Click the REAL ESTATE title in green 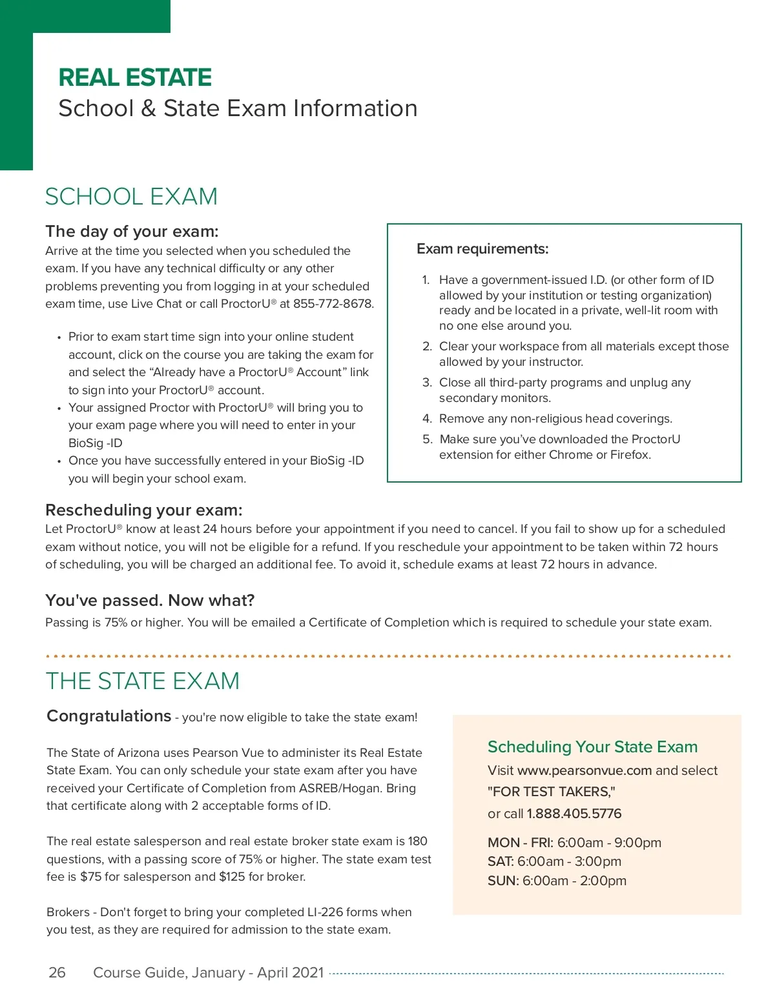135,78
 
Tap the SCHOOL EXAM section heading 131,197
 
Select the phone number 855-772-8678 333,304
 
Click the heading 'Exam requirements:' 482,249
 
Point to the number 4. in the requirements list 427,419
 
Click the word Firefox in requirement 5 631,455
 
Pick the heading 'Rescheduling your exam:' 144,510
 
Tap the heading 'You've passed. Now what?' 150,601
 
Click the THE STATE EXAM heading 143,681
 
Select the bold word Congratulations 109,716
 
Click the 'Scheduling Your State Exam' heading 592,747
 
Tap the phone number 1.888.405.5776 574,814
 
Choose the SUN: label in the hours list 503,881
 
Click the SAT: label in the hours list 501,861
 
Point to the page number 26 57,972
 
